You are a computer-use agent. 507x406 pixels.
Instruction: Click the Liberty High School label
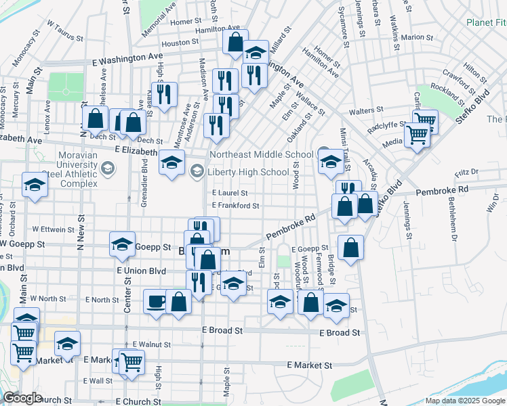click(x=248, y=172)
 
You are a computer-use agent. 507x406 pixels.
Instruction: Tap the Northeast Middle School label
click(x=262, y=154)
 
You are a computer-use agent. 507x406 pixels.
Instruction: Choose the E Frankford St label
click(x=235, y=206)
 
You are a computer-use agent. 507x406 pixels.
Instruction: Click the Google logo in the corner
click(x=22, y=398)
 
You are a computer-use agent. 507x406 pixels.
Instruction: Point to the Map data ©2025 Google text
click(x=464, y=401)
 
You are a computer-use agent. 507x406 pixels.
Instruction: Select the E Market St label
click(x=309, y=365)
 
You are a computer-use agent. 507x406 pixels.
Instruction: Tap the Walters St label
click(x=366, y=110)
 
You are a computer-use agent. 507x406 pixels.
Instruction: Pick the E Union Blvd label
click(x=141, y=271)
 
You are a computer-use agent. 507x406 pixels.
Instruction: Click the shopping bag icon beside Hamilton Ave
click(x=235, y=42)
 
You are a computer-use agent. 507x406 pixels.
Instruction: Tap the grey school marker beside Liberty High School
click(x=197, y=171)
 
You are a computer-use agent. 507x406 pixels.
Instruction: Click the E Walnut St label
click(x=151, y=344)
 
